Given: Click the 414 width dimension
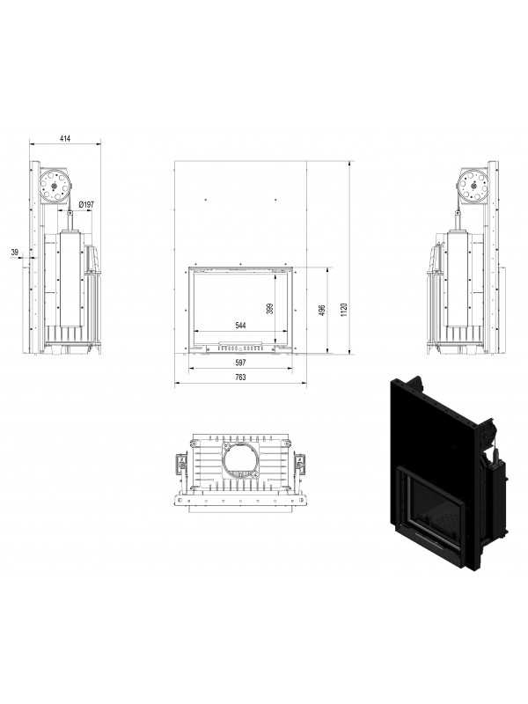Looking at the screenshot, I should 64,139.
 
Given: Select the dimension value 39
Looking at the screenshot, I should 14,253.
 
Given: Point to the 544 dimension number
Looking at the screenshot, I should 240,326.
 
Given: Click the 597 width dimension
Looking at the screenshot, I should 240,363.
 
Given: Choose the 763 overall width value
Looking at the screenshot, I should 240,377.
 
